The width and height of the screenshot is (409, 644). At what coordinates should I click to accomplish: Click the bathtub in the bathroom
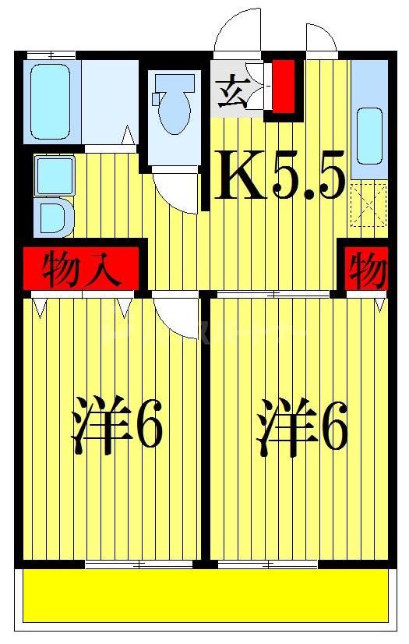[x=52, y=101]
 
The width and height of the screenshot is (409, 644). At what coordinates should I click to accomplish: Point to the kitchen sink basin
[x=369, y=134]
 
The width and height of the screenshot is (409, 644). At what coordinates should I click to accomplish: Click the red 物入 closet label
[x=82, y=270]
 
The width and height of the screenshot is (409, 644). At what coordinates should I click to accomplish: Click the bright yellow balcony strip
[x=205, y=596]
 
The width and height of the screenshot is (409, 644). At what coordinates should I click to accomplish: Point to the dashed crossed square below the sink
[x=368, y=205]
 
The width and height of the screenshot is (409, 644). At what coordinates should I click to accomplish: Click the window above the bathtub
[x=51, y=55]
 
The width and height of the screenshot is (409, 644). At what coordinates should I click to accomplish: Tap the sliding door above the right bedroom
[x=273, y=294]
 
